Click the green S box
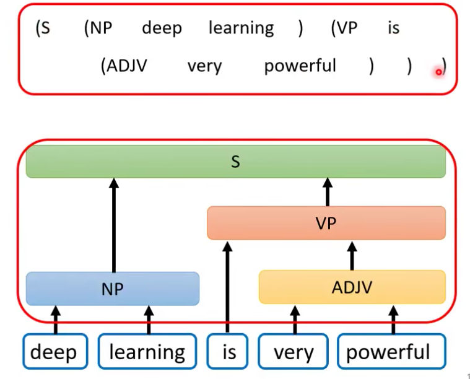click(235, 162)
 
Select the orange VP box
click(326, 223)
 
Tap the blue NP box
click(112, 289)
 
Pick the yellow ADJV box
click(352, 287)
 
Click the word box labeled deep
click(54, 352)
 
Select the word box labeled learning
click(147, 352)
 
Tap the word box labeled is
click(228, 352)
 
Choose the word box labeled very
click(294, 352)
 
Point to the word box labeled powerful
click(391, 352)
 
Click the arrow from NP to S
click(113, 226)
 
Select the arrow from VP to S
click(328, 192)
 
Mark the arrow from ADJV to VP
click(352, 255)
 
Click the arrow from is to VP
click(227, 285)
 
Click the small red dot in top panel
click(438, 72)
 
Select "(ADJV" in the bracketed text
click(124, 66)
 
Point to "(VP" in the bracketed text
click(344, 28)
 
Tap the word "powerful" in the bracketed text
click(300, 66)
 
